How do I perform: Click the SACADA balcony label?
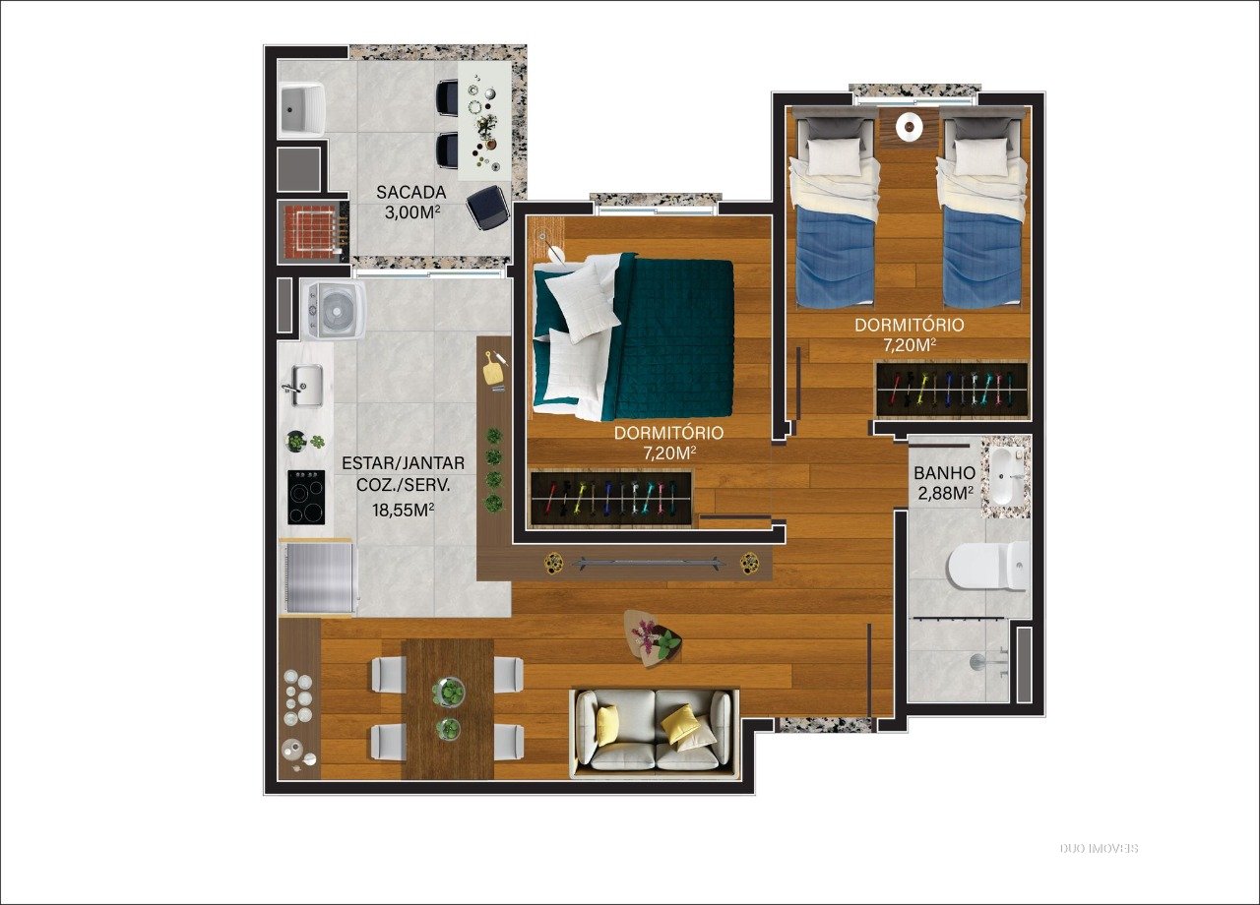410,192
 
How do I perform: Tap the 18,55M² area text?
403,510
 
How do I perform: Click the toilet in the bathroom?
988,566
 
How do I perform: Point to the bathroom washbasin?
1005,475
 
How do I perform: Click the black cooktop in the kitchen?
306,498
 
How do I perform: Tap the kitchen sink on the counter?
302,385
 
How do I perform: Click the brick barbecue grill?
313,231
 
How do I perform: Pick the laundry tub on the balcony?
302,109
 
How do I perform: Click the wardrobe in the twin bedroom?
952,389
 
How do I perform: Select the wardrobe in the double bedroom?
611,499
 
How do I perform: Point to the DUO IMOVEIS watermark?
1100,848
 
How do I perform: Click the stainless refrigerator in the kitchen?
320,576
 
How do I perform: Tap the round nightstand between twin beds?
908,126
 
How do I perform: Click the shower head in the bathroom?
978,661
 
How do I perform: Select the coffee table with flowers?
653,639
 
